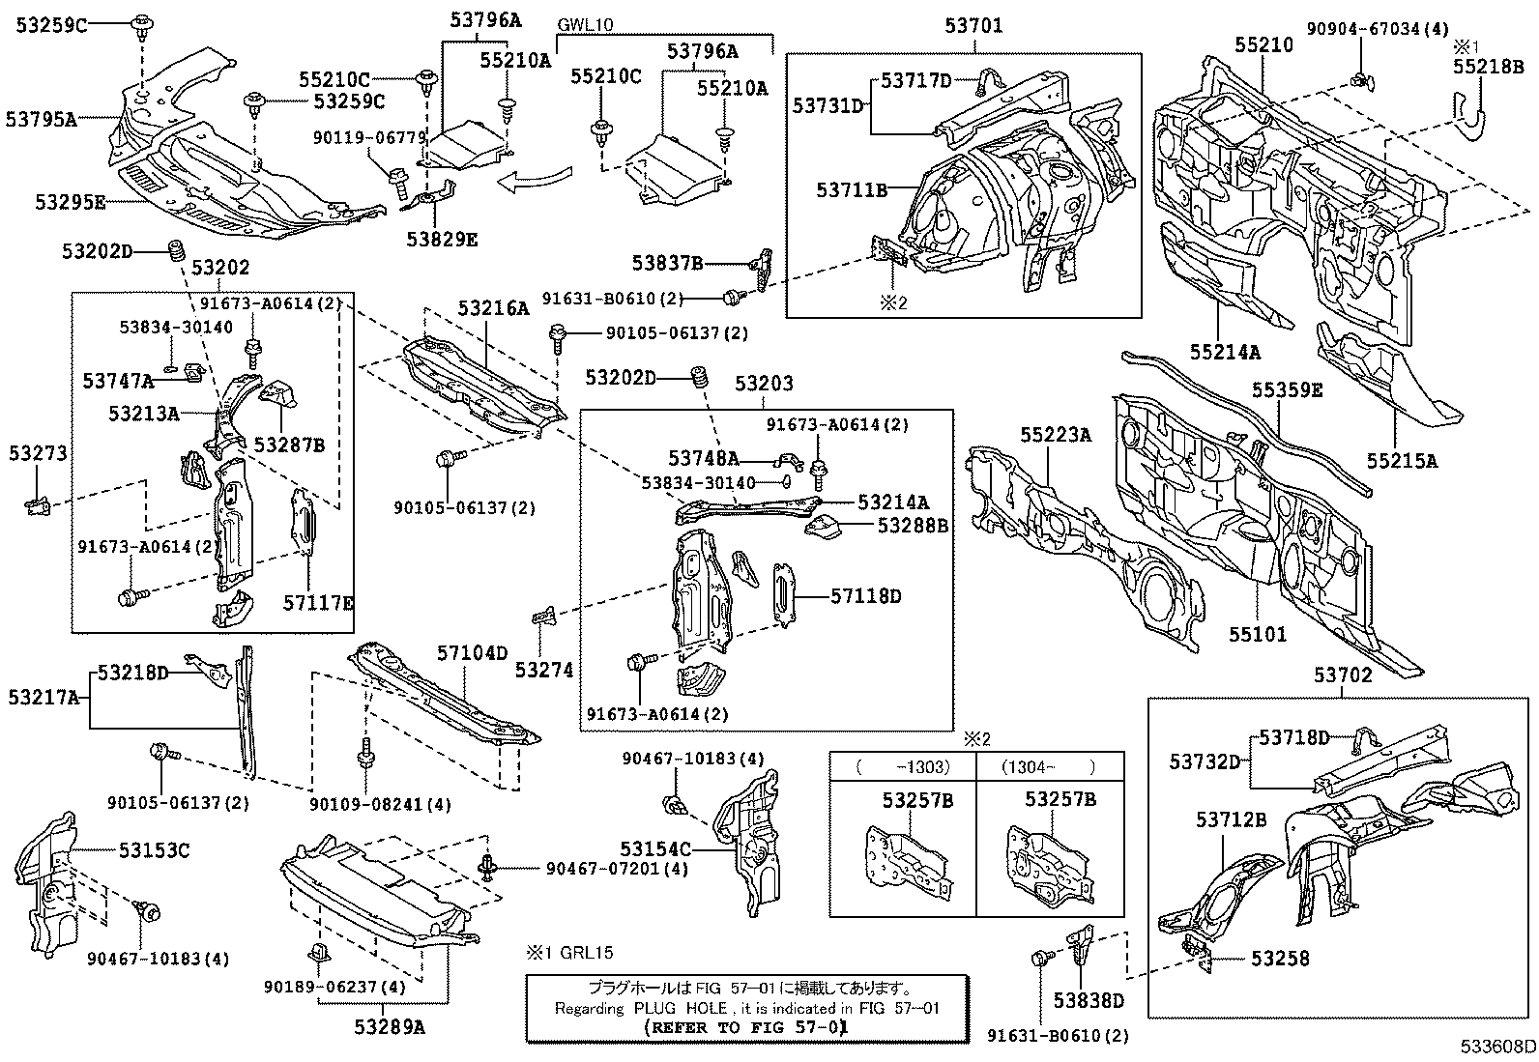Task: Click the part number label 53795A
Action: [41, 119]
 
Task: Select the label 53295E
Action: [71, 202]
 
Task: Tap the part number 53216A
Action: [493, 309]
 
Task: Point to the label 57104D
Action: [471, 653]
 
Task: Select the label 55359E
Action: [1287, 390]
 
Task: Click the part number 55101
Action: [1258, 635]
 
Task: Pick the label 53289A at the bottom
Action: [389, 1027]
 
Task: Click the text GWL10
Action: [586, 25]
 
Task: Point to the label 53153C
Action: [154, 850]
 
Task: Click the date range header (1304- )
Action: [1049, 766]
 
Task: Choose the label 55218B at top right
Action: [1488, 66]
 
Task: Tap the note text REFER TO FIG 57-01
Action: [746, 1027]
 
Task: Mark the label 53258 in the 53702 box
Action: [1280, 959]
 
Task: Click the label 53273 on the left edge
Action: [39, 453]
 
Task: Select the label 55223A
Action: [1055, 436]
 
